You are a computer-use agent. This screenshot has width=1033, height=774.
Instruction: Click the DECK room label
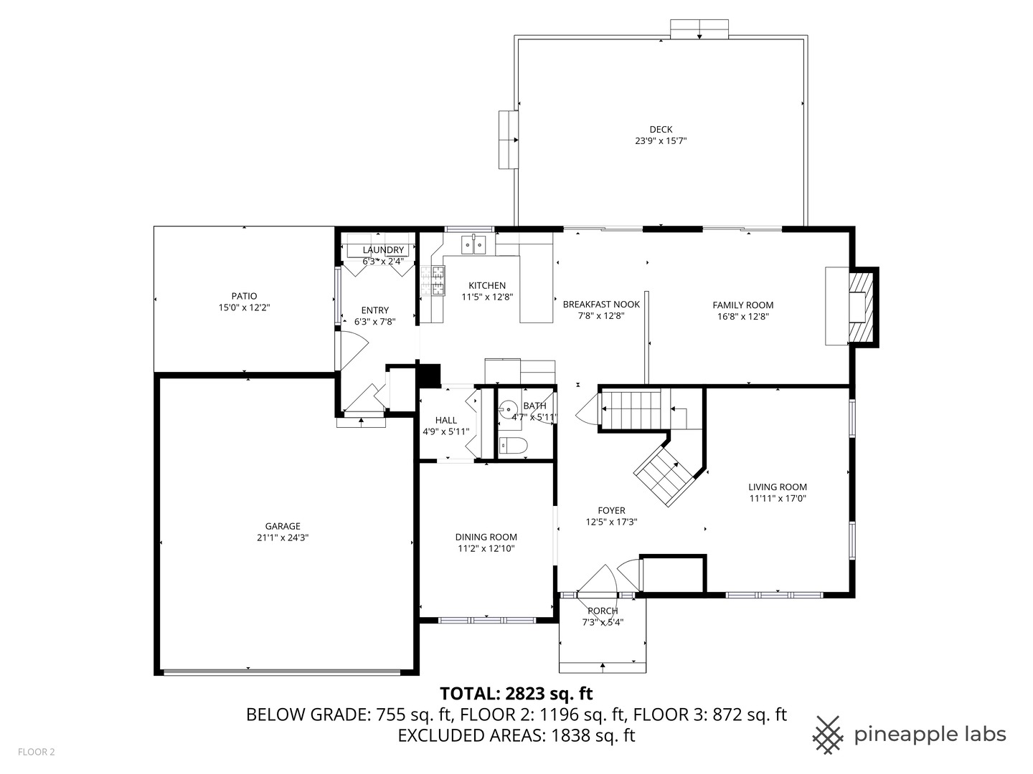click(x=661, y=130)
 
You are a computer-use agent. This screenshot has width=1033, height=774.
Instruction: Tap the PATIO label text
click(x=244, y=296)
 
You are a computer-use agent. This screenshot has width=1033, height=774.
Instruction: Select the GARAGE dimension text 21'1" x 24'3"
click(x=282, y=537)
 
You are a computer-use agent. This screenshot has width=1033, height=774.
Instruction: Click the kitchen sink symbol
click(x=473, y=245)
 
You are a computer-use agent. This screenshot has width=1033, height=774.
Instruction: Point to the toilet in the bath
click(x=512, y=446)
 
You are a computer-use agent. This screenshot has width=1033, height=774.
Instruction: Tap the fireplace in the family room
click(x=858, y=307)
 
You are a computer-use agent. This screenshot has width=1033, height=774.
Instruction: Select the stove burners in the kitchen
click(x=433, y=281)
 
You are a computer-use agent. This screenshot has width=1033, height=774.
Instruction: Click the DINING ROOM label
click(x=486, y=537)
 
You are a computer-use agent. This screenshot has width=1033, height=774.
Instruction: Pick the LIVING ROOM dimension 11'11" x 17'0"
click(x=778, y=498)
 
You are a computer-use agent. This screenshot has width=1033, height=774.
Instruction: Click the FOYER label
click(x=611, y=511)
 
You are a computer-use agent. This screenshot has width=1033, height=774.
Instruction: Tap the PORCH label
click(x=603, y=611)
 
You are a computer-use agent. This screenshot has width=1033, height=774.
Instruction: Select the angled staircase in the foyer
click(x=667, y=473)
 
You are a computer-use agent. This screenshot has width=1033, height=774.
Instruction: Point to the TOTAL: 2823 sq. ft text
click(x=516, y=693)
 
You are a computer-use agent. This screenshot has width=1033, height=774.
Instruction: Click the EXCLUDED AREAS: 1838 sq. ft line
click(x=516, y=735)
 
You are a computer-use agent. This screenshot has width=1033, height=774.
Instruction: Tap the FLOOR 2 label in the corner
click(x=36, y=752)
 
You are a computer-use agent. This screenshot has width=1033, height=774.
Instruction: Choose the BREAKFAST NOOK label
click(x=601, y=305)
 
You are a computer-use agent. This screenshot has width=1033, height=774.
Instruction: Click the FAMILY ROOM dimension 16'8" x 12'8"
click(x=742, y=317)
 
